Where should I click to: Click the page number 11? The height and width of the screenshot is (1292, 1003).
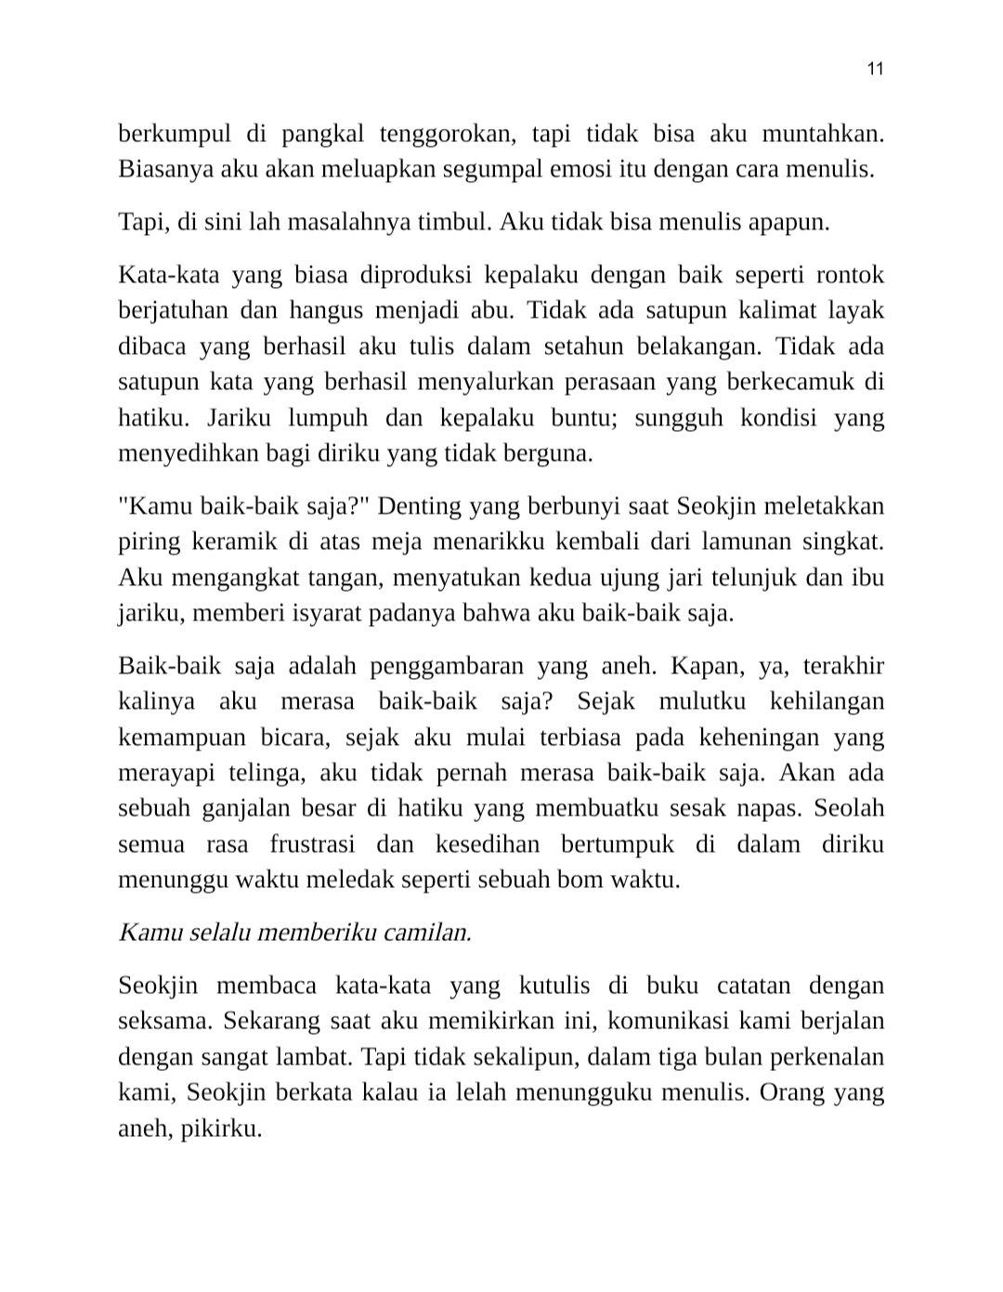point(874,69)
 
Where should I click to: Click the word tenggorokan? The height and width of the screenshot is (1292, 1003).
point(447,134)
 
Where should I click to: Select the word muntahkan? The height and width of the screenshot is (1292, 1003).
point(822,134)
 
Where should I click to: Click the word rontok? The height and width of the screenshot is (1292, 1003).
point(849,276)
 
